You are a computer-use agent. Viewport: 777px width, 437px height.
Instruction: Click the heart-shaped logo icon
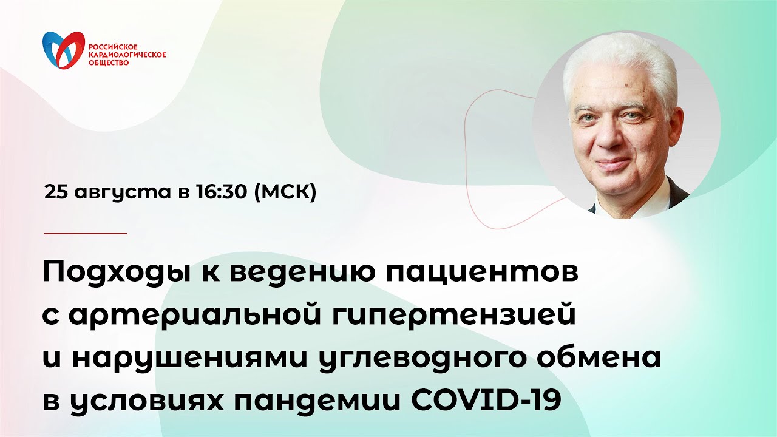63,50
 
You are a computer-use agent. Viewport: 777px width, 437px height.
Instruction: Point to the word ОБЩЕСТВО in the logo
109,62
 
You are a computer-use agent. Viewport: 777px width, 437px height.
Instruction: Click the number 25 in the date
56,192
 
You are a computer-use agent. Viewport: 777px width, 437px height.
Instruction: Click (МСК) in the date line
285,193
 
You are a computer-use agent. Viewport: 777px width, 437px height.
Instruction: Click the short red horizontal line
86,233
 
